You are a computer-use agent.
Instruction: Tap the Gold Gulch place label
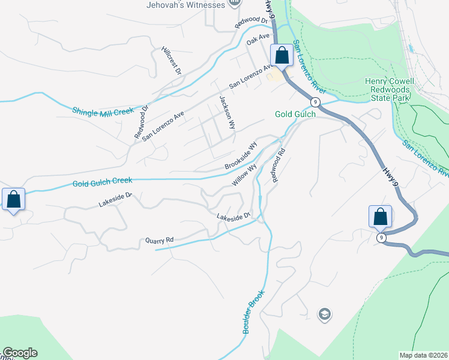pos(295,114)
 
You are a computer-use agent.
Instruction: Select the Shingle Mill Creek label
pos(103,112)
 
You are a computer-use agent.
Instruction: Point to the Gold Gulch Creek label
pos(103,182)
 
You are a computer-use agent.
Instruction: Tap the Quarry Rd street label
pos(159,241)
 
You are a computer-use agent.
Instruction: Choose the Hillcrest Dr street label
pos(172,61)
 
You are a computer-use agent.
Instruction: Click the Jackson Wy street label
pos(227,112)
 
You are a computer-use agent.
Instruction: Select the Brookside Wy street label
pos(241,155)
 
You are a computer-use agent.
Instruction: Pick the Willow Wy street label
pos(245,175)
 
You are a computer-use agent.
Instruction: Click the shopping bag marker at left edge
pos(13,199)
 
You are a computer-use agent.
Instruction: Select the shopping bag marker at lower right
pos(380,216)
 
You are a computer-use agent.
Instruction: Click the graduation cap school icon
pos(324,314)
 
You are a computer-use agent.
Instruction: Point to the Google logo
pos(20,353)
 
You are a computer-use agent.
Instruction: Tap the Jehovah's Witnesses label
pos(186,5)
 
